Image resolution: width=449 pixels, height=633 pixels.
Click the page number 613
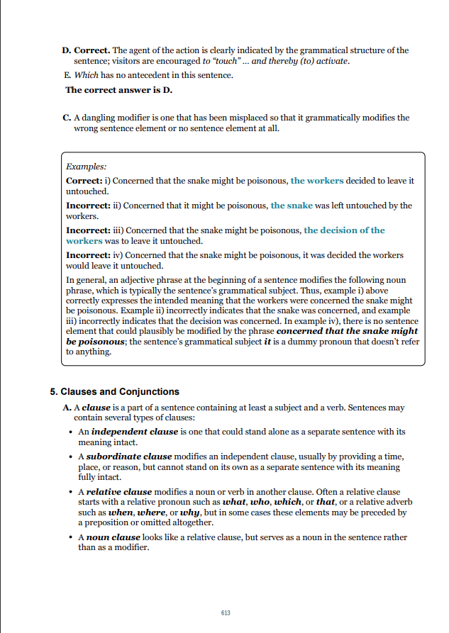point(225,612)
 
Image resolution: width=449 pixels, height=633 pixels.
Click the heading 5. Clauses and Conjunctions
point(114,392)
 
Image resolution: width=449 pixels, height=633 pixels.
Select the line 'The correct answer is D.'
point(118,90)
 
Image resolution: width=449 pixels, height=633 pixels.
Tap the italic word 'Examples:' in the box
point(86,167)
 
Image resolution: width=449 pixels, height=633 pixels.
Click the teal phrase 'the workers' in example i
point(317,181)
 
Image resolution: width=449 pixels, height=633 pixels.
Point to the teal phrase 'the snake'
point(292,206)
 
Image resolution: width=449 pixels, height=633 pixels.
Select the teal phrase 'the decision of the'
point(344,230)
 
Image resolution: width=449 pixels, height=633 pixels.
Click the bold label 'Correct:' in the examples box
point(84,181)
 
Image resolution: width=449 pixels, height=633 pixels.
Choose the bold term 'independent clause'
point(129,432)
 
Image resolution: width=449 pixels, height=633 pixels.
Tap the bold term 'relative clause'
point(119,492)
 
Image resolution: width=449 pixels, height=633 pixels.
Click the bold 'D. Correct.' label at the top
point(85,50)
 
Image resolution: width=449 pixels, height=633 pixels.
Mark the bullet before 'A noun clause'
point(68,537)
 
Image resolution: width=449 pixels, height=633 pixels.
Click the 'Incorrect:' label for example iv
point(87,255)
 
